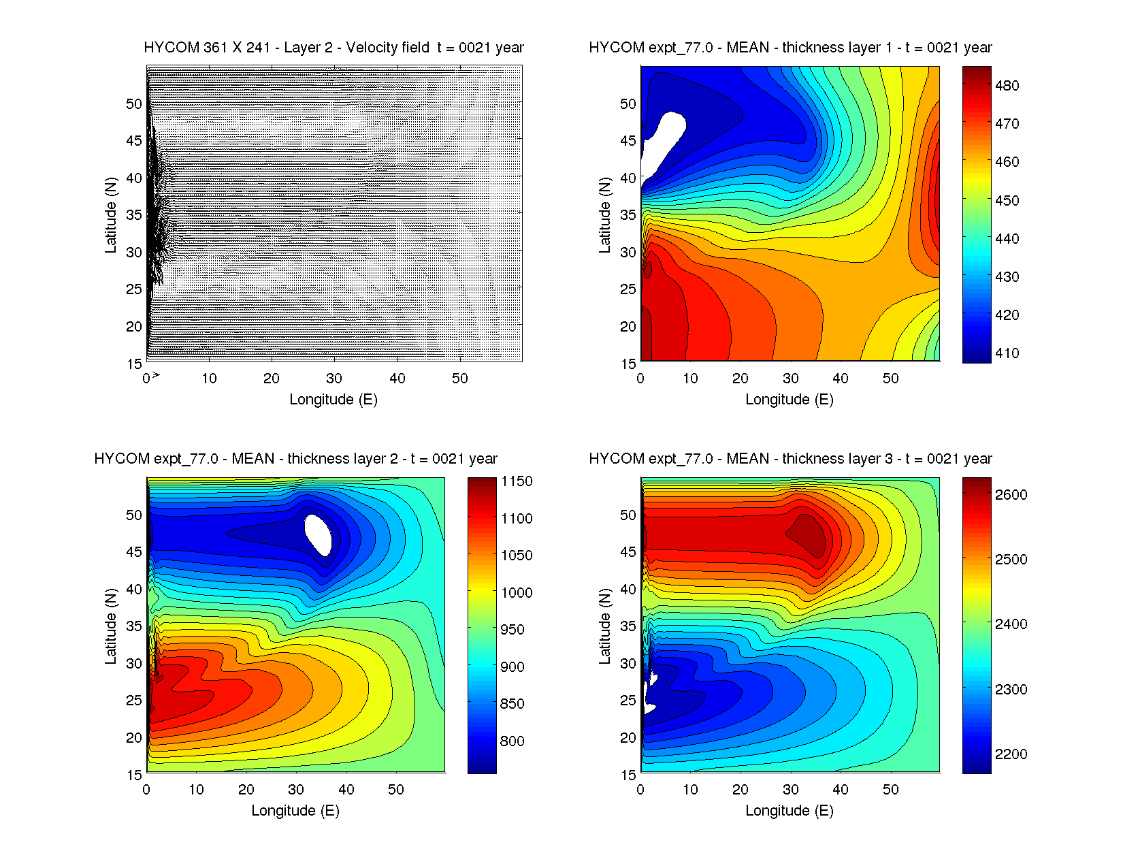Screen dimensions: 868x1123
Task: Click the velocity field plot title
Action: [x=333, y=48]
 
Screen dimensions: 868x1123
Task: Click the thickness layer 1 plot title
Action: [x=790, y=48]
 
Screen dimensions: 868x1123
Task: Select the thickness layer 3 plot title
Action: [x=790, y=459]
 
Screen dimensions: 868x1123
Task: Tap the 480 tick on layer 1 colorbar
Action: [x=1007, y=86]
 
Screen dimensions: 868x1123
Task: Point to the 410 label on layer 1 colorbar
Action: [x=1007, y=353]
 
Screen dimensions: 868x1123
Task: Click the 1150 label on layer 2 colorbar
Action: [x=517, y=481]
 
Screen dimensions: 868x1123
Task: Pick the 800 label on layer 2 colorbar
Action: [x=512, y=741]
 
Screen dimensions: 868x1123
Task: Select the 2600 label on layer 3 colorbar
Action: [x=1011, y=495]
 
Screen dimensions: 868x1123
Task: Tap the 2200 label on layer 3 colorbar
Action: [x=1011, y=754]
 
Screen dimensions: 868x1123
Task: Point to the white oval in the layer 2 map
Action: [x=318, y=534]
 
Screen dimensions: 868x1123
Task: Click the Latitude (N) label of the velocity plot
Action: [x=110, y=215]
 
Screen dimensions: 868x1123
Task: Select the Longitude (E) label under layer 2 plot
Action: [x=295, y=811]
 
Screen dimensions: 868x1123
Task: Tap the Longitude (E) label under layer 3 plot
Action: [x=790, y=811]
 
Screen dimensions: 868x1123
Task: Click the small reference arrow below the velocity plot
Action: [x=156, y=375]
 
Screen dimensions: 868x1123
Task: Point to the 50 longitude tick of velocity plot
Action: [x=460, y=379]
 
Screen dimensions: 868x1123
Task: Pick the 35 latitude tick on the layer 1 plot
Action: [x=628, y=215]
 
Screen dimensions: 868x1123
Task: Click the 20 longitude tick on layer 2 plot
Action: [x=246, y=790]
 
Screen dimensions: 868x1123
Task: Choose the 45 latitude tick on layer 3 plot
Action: [x=628, y=552]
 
